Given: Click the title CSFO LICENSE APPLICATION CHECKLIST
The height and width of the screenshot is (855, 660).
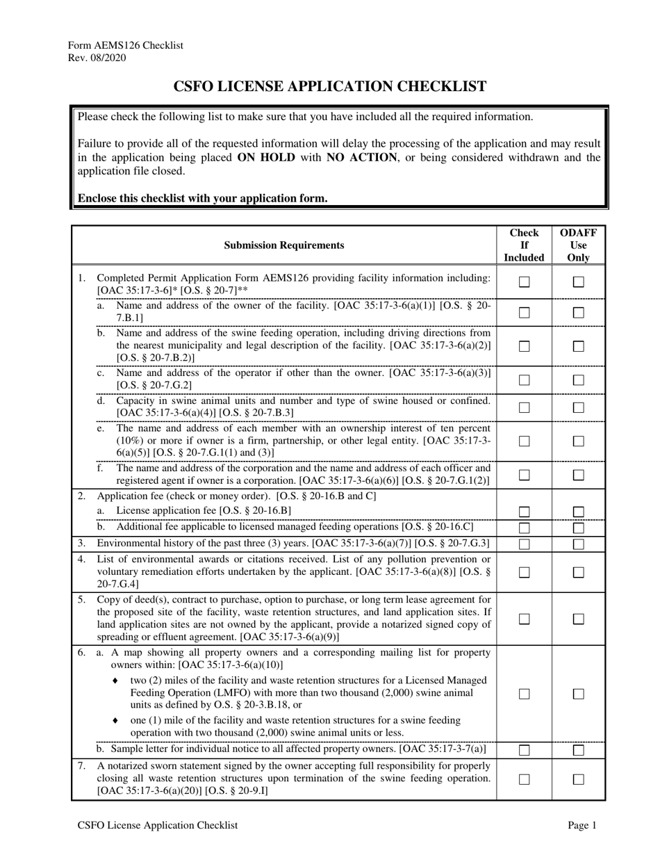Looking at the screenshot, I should (x=329, y=87).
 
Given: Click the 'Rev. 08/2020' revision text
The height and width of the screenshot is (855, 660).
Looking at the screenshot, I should (x=97, y=58).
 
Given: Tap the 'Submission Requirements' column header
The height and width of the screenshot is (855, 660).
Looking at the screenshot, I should (x=283, y=245).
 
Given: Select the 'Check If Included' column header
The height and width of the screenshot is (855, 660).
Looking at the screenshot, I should (x=524, y=245).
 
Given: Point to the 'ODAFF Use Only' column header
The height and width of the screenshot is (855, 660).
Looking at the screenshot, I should (x=578, y=245).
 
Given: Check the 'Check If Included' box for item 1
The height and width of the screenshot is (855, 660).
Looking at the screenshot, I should (x=525, y=282).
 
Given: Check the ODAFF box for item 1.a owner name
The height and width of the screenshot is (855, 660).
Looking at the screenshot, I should (x=578, y=313).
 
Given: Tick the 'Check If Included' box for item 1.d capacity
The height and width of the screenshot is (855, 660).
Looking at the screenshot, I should (x=525, y=407).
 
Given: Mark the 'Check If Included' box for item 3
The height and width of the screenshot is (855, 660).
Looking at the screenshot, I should (x=525, y=544).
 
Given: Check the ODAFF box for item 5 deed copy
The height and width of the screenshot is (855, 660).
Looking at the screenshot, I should (x=578, y=619).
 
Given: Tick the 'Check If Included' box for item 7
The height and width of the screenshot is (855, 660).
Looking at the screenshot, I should (x=525, y=780).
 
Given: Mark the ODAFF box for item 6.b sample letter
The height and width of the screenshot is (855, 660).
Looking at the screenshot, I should (x=578, y=750).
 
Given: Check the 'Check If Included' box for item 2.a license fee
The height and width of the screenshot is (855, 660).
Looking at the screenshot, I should (x=525, y=512).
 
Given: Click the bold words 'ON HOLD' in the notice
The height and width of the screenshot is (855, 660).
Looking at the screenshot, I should (x=266, y=157).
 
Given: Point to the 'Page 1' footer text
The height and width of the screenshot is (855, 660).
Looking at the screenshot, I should (x=582, y=825).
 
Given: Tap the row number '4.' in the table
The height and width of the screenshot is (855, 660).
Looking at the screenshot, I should (x=82, y=559).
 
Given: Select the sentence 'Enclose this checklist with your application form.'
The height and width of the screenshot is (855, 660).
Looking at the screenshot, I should (x=202, y=198).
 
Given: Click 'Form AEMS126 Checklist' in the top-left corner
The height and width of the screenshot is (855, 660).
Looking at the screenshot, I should (x=125, y=45).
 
